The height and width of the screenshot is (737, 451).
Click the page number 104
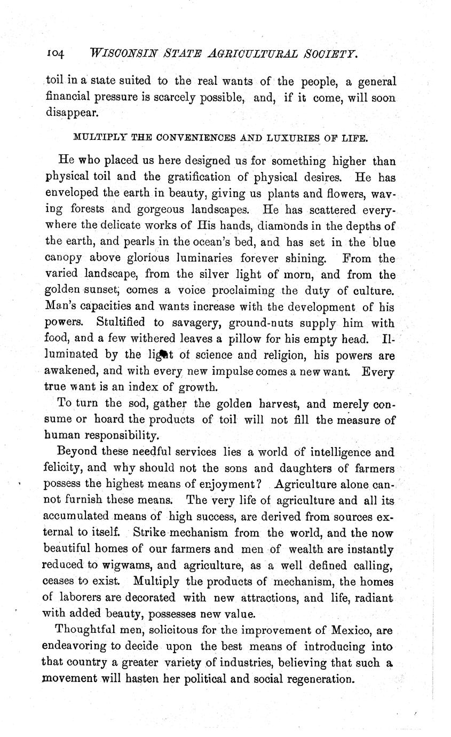[x=56, y=54]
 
